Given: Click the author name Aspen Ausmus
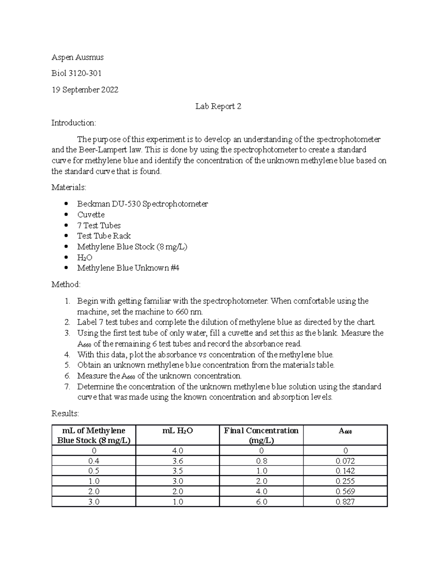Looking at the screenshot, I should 77,57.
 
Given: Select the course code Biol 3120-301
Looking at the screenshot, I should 76,74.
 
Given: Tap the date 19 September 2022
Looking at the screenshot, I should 85,90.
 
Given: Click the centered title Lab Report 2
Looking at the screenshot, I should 218,106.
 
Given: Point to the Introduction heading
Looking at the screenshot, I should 74,123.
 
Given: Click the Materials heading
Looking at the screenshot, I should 69,188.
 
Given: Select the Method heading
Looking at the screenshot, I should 66,285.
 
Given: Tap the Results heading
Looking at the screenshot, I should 65,414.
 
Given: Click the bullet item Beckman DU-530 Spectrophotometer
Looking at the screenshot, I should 142,204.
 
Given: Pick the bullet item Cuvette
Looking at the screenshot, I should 91,215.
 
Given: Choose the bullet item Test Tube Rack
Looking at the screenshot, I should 104,236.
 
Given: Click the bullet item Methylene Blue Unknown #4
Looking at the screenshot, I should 128,268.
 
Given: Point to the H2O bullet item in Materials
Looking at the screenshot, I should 85,257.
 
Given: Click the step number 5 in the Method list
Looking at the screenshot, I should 67,365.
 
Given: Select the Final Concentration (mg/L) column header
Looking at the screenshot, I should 261,435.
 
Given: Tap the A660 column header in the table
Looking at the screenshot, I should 345,431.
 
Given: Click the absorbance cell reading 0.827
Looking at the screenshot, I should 345,502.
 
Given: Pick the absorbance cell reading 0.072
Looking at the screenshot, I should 345,461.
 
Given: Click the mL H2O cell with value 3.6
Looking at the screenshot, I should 177,461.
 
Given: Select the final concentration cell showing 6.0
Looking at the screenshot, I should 261,502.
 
